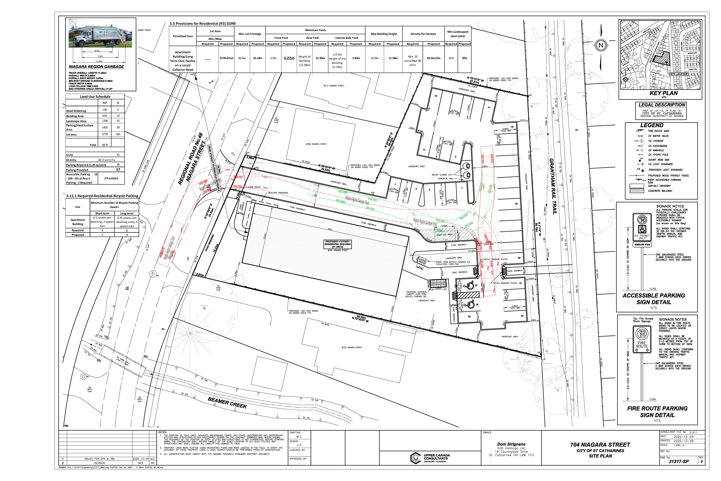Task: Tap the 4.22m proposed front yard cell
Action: pos(289,58)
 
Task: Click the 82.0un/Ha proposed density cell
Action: pos(434,58)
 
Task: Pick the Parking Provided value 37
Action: pos(118,170)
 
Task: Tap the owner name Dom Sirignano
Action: pos(511,444)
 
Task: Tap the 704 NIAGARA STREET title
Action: pos(600,445)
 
